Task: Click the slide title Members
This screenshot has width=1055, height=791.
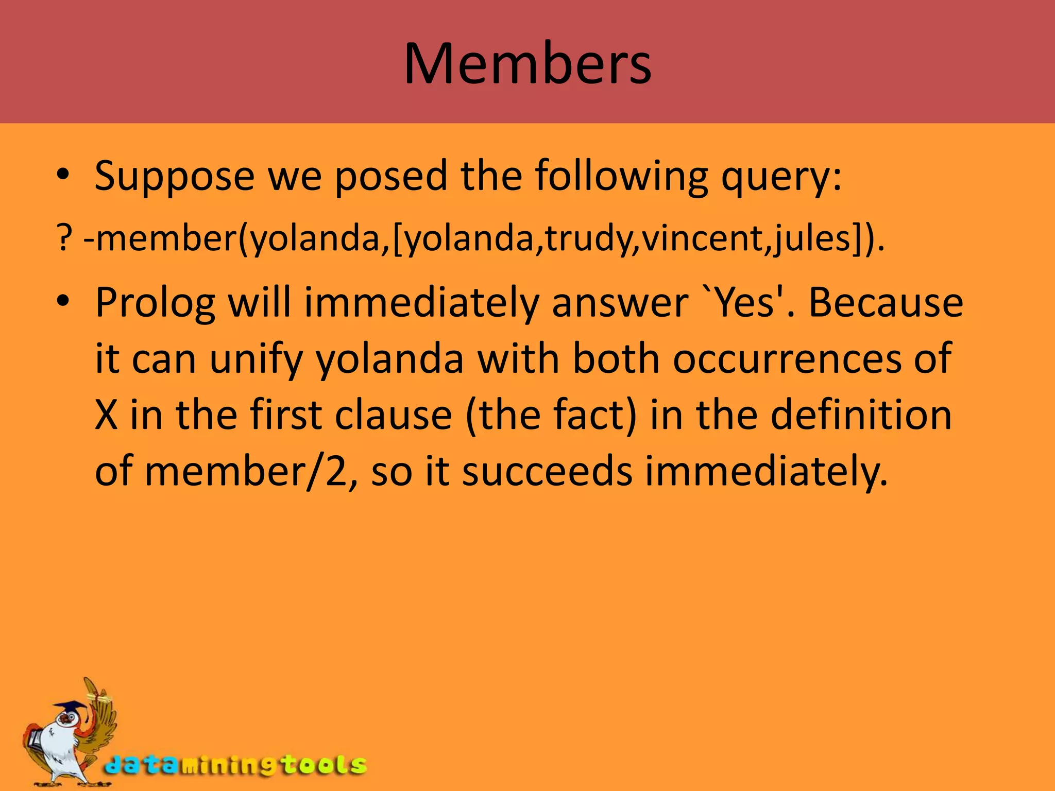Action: coord(527,64)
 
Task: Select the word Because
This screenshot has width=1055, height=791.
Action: coord(886,302)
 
